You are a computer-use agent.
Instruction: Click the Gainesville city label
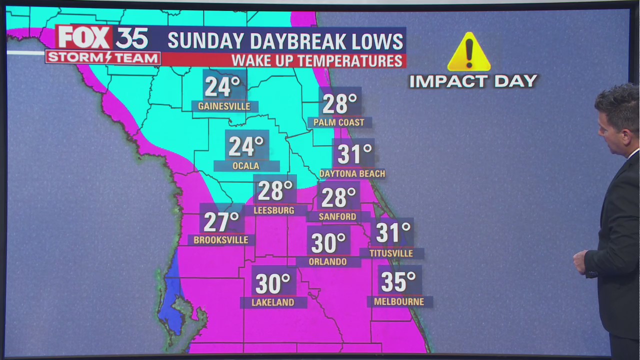[x=224, y=106]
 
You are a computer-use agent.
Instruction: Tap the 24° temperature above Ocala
[x=246, y=146]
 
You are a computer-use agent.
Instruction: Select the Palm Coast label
[x=338, y=122]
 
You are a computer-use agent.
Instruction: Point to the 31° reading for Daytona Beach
[x=354, y=154]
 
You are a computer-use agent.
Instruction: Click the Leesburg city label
[x=273, y=210]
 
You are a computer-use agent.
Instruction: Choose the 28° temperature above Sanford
[x=338, y=197]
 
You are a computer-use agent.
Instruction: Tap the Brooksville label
[x=221, y=240]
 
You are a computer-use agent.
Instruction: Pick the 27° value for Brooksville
[x=221, y=221]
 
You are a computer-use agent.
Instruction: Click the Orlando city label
[x=327, y=261]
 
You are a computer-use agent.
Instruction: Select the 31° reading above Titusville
[x=393, y=232]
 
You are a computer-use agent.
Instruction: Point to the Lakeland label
[x=272, y=302]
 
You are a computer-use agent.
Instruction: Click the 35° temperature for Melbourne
[x=398, y=281]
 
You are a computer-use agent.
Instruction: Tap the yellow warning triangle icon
[x=468, y=52]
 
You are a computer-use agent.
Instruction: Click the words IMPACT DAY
[x=473, y=81]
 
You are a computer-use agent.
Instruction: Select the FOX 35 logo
[x=102, y=38]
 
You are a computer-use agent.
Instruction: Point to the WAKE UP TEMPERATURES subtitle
[x=317, y=61]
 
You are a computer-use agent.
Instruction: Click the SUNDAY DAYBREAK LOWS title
[x=285, y=41]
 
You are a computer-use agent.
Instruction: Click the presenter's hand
[x=579, y=261]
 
